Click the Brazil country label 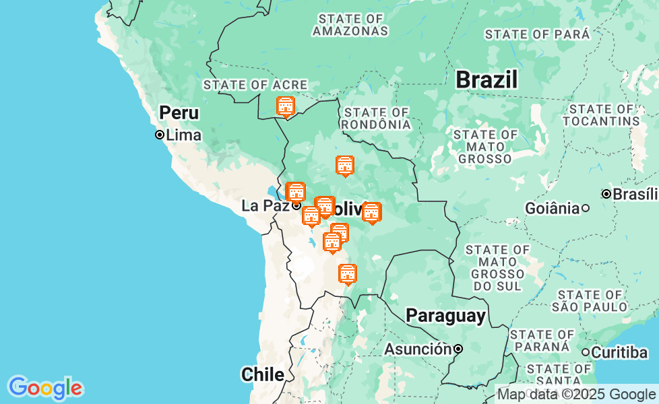(487, 79)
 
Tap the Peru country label (179, 112)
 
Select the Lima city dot (160, 135)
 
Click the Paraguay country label (445, 316)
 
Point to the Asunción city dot (458, 349)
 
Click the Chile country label (262, 374)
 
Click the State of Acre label (255, 85)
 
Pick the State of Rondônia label (376, 119)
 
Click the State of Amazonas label (350, 25)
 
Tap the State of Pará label (537, 34)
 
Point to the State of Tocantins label (601, 115)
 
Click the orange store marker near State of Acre (286, 106)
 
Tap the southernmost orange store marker (347, 273)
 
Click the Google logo (45, 388)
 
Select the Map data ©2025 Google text (576, 395)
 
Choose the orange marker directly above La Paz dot (295, 192)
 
